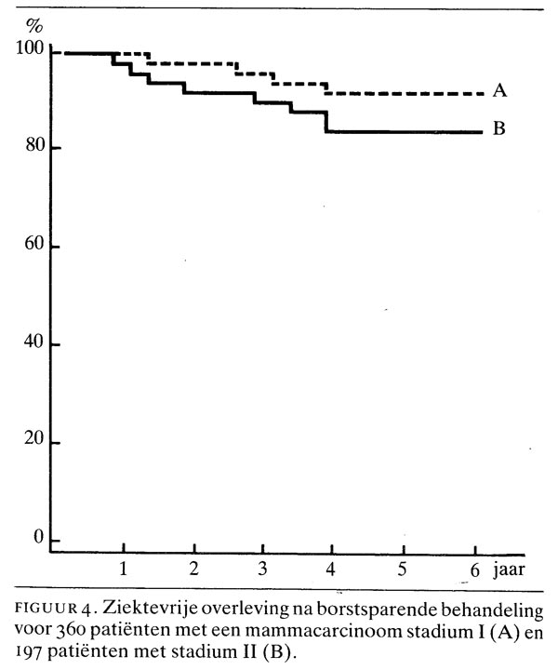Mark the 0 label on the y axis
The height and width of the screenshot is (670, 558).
click(37, 539)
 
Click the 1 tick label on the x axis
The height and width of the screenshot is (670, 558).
click(123, 566)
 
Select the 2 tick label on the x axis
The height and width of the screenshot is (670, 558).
click(194, 566)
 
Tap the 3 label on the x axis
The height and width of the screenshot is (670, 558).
click(263, 566)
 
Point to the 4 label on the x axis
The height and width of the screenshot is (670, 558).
click(333, 566)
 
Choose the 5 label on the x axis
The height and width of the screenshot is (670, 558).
click(403, 566)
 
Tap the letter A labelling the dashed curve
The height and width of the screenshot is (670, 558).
click(499, 91)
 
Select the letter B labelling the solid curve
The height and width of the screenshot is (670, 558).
click(498, 129)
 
